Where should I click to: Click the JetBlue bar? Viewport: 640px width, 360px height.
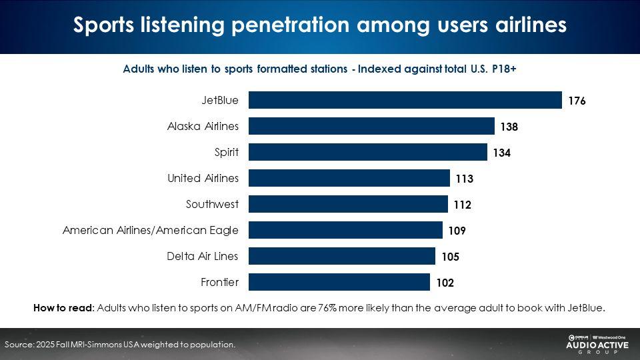[x=405, y=100]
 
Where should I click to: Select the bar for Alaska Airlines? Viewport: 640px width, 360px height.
[x=371, y=126]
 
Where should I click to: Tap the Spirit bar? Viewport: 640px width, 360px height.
[x=367, y=152]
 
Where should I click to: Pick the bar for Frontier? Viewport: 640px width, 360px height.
[x=339, y=282]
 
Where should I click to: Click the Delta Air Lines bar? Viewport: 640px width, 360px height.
[x=341, y=256]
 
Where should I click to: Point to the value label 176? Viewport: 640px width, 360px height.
[x=577, y=101]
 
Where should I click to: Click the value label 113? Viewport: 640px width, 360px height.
[x=464, y=179]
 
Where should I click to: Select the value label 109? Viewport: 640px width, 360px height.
[x=457, y=231]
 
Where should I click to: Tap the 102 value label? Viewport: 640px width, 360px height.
[x=445, y=283]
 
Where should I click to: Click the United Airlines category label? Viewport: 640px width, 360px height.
[x=203, y=178]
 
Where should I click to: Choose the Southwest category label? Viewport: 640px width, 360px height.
[x=212, y=204]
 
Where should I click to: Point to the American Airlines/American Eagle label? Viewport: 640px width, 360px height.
[x=151, y=230]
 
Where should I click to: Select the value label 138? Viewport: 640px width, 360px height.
[x=509, y=127]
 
